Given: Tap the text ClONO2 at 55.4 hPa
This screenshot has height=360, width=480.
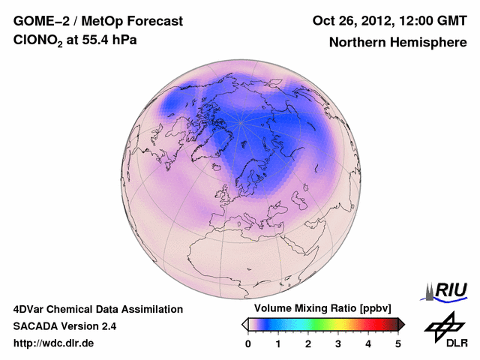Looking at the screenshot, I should pyautogui.click(x=75, y=41).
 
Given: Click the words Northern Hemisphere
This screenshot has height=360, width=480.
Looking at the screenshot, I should pyautogui.click(x=397, y=42).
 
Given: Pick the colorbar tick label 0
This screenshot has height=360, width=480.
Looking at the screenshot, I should pyautogui.click(x=248, y=343).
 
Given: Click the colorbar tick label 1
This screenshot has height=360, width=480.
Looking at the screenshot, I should pyautogui.click(x=278, y=343).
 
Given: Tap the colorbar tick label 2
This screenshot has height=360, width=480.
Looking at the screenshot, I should pyautogui.click(x=308, y=343).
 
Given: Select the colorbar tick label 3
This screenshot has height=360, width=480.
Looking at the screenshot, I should pyautogui.click(x=338, y=343).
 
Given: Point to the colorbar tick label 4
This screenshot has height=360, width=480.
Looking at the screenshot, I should pyautogui.click(x=368, y=343).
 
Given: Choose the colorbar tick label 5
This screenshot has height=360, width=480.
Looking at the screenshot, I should pyautogui.click(x=398, y=343).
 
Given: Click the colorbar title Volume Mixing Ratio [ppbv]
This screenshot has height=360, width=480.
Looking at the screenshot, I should pyautogui.click(x=319, y=309).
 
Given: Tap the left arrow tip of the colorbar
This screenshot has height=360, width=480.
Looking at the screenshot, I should pyautogui.click(x=244, y=324).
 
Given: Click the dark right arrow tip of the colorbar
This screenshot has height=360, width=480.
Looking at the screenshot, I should pyautogui.click(x=403, y=324).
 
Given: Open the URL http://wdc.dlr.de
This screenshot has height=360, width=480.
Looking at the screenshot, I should pyautogui.click(x=54, y=343).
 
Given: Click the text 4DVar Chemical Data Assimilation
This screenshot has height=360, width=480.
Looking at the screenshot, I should pyautogui.click(x=97, y=309).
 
